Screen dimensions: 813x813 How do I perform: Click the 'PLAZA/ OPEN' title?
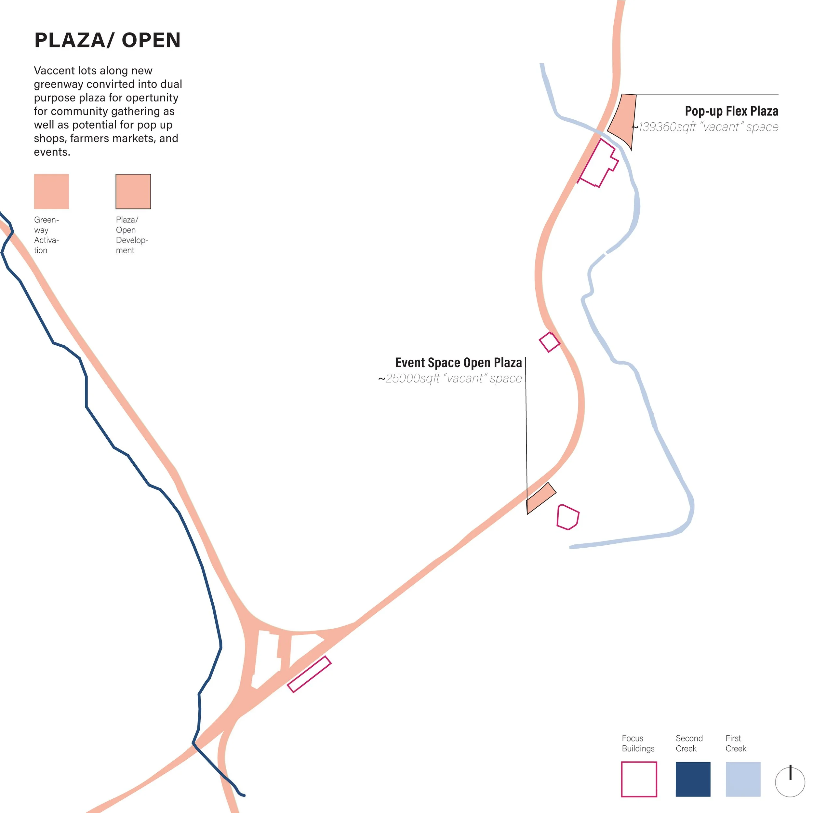(107, 40)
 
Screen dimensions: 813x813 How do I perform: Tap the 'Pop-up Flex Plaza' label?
(731, 111)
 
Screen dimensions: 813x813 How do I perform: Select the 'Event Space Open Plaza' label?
(458, 363)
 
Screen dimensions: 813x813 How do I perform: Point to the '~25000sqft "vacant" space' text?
(450, 378)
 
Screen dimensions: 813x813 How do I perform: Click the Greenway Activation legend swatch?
(51, 192)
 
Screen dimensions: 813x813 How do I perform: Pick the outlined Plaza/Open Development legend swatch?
(133, 192)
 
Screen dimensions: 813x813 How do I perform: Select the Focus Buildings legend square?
(639, 779)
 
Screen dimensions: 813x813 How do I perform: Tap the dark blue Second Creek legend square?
(693, 779)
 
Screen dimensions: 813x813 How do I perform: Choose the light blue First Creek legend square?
(743, 779)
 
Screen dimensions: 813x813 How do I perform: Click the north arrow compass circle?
(790, 782)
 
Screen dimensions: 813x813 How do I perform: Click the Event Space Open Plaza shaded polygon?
(541, 498)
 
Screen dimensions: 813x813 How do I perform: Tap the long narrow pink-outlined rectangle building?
(309, 674)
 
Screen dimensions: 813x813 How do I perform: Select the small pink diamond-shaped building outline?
(550, 342)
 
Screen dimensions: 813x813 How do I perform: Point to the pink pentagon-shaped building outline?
(567, 516)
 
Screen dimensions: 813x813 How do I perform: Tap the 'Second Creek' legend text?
(689, 743)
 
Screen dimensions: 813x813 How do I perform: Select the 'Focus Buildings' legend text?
(638, 743)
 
